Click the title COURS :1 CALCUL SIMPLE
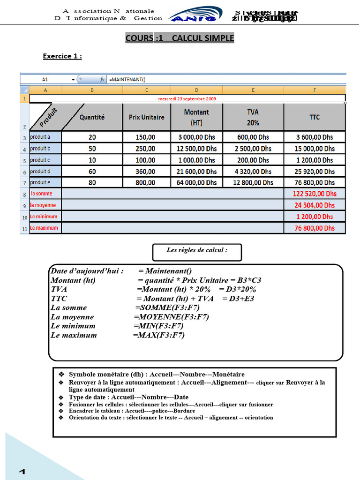coord(180,38)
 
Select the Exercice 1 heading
coord(62,56)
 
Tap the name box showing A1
coord(45,80)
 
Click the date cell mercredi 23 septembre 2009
coord(187,99)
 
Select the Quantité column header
coord(92,117)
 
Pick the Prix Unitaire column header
coord(147,117)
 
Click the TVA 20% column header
coord(253,117)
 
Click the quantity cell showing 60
coord(92,172)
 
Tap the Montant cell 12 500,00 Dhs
coord(196,149)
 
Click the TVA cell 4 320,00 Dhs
coord(253,172)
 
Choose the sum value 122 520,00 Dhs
coord(315,194)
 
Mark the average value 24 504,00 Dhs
coord(315,205)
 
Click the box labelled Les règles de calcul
coord(197,252)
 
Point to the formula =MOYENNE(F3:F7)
coord(171,317)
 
